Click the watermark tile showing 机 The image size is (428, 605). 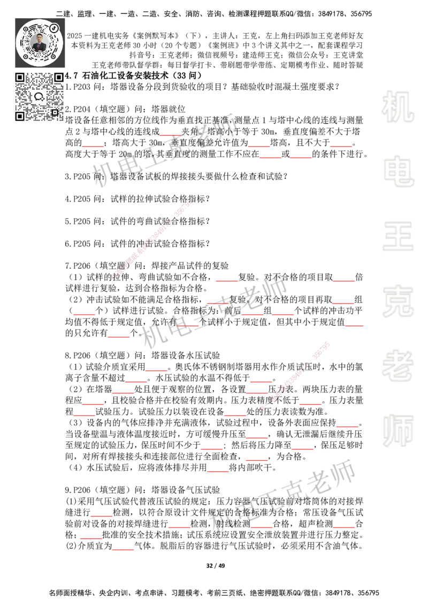pos(398,107)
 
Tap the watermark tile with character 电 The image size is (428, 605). pos(400,171)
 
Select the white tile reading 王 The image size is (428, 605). pos(398,237)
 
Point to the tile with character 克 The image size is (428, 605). pos(398,301)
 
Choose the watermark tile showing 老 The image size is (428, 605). pos(398,366)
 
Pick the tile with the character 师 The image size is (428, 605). pos(398,432)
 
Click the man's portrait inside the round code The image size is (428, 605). pos(39,42)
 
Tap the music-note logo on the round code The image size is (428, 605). pos(54,27)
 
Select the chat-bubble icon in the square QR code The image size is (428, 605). pos(39,97)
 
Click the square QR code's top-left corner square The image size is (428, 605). pos(20,77)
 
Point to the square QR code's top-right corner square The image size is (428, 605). pos(58,77)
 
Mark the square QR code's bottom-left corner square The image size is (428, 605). pos(20,116)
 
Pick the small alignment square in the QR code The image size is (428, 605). pos(55,112)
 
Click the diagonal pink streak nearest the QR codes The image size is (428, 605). pos(151,240)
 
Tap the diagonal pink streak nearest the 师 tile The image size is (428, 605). pos(295,376)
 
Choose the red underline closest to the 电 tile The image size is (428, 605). pos(341,147)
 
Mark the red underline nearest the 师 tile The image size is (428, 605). pos(347,426)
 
